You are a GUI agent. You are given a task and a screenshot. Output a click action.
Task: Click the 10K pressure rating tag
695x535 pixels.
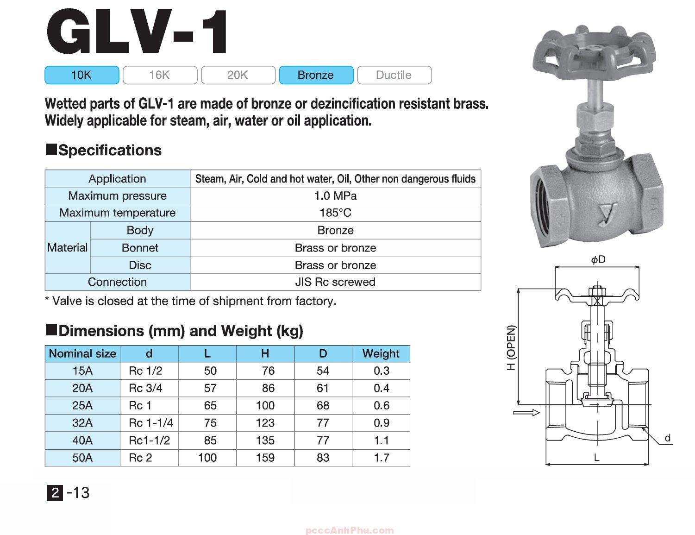81,75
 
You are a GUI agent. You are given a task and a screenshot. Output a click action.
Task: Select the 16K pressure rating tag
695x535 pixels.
160,75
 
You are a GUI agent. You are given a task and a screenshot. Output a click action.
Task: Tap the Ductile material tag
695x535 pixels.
394,75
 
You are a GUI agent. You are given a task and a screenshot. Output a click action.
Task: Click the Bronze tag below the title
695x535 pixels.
316,75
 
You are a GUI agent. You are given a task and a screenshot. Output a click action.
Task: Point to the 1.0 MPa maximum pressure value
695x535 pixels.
335,196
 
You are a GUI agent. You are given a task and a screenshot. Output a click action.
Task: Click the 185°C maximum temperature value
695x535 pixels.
335,213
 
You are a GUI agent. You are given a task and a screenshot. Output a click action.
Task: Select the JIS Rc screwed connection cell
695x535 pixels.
335,282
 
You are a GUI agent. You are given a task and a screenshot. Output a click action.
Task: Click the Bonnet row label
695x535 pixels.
140,248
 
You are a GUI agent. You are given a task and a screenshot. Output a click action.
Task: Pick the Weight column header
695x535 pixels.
381,354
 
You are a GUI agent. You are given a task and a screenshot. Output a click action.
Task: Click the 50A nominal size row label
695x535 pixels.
82,458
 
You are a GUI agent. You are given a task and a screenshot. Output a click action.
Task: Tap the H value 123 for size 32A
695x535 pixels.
265,423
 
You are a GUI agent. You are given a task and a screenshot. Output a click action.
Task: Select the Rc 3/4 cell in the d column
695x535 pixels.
146,388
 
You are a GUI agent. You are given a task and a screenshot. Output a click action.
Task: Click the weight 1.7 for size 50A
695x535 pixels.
381,458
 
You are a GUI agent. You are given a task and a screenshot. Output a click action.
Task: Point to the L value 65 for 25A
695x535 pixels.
210,406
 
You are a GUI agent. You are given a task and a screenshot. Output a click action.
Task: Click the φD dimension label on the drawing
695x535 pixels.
598,259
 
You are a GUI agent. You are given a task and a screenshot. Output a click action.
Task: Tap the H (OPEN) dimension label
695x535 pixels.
511,347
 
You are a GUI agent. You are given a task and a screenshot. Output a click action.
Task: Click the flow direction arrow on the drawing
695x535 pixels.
526,412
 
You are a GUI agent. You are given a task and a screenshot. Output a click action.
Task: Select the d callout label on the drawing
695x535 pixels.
667,438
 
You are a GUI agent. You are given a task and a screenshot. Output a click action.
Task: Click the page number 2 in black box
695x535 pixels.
55,493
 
